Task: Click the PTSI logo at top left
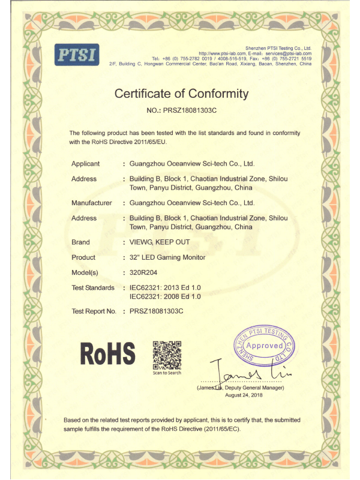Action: coord(77,54)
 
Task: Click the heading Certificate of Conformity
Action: coord(181,94)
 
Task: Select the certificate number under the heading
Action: coord(181,111)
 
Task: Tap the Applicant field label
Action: coord(85,164)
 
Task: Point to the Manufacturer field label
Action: coord(92,203)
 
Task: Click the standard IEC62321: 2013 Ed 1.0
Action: coord(165,288)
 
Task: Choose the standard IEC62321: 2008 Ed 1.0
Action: coord(165,296)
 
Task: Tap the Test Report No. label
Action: coord(94,311)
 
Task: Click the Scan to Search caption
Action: coord(167,373)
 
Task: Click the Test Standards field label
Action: coord(93,288)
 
